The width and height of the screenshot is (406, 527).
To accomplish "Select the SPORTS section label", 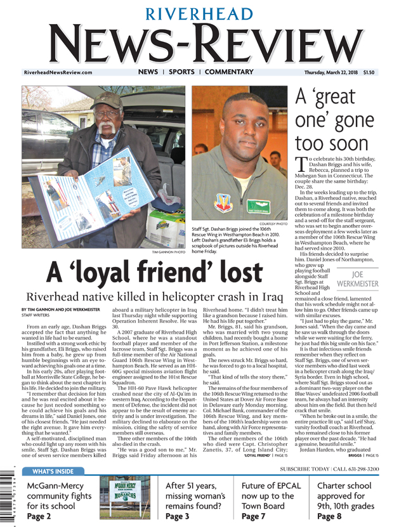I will coord(181,72).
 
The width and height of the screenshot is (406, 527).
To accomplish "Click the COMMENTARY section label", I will coord(229,72).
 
